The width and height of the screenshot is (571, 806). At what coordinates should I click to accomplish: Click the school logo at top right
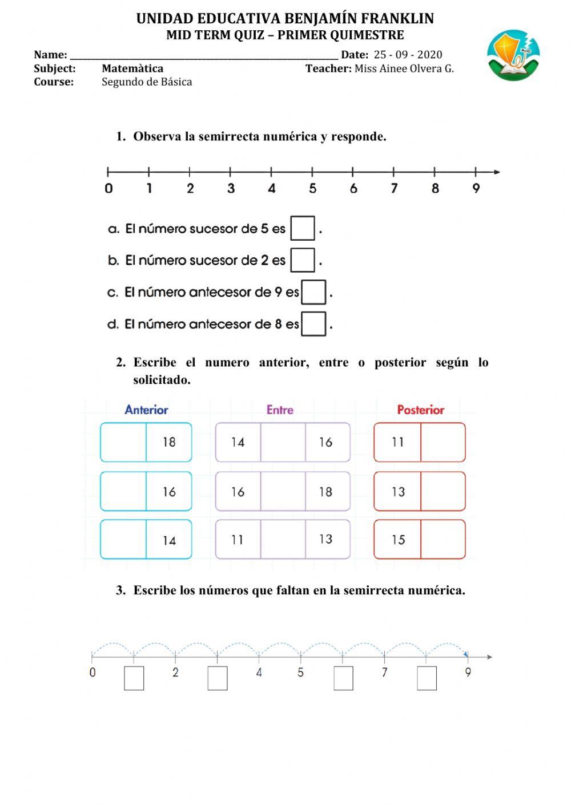(x=514, y=56)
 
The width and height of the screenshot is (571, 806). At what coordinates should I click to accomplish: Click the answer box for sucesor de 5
(x=303, y=228)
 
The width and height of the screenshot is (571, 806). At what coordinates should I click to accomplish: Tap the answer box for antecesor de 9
(x=313, y=292)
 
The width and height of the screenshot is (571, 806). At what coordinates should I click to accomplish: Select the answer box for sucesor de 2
(x=303, y=260)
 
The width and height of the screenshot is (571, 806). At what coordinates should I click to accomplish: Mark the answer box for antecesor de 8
(x=313, y=324)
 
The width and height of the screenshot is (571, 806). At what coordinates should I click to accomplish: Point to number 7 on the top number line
(x=394, y=188)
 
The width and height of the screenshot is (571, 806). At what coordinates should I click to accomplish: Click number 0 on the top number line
(x=108, y=188)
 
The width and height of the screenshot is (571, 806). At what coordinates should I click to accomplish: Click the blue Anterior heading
(x=146, y=410)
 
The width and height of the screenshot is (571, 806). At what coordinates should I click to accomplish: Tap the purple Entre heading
(x=280, y=410)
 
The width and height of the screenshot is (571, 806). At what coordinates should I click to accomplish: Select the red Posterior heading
(x=420, y=410)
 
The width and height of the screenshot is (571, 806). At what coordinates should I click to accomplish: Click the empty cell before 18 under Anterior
(x=123, y=442)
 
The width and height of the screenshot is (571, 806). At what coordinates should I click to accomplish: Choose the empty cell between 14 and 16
(x=283, y=442)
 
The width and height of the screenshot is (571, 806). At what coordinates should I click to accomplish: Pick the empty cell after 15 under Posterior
(x=443, y=540)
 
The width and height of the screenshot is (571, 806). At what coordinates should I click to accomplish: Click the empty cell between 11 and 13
(x=283, y=540)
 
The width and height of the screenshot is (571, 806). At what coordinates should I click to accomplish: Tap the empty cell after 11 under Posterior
(x=443, y=442)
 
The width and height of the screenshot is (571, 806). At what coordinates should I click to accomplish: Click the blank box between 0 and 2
(x=134, y=678)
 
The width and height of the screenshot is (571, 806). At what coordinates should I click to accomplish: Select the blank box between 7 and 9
(x=427, y=678)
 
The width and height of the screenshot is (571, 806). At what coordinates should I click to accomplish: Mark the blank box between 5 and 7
(x=343, y=678)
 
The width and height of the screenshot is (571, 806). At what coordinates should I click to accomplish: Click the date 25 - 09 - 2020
(x=408, y=55)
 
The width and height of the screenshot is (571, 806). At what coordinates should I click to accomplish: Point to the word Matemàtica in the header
(x=132, y=68)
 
